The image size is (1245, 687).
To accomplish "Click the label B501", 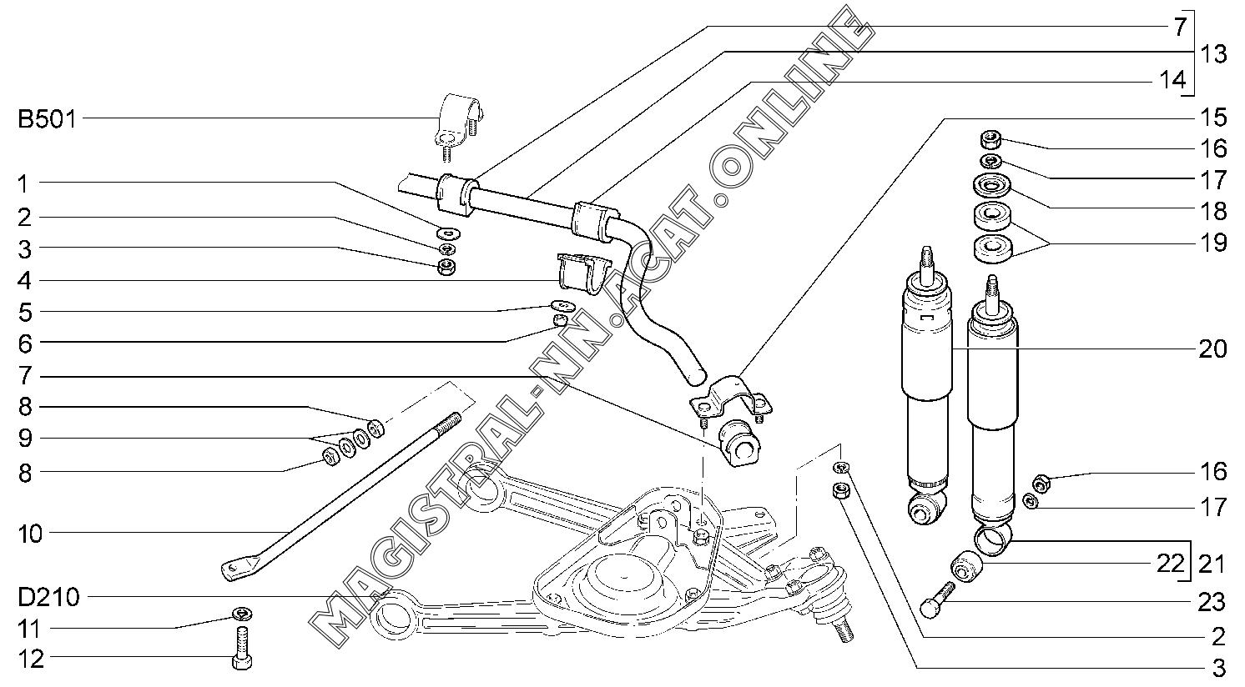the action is point(47,118).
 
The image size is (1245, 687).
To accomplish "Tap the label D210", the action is point(49,598).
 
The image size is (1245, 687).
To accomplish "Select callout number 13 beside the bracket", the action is point(1213,54).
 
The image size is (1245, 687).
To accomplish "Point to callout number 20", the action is point(1212,349).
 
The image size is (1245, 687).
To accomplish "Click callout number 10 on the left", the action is point(30,534).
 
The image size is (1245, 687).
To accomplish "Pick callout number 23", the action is point(1212,602).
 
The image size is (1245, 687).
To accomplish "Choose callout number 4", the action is point(24,280).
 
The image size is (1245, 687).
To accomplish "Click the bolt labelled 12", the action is point(241,648).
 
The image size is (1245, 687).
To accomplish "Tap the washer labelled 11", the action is point(242,613).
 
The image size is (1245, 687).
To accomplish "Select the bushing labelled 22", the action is point(966,565).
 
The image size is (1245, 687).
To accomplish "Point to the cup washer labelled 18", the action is point(992,185).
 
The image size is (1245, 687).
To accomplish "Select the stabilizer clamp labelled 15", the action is point(732,398).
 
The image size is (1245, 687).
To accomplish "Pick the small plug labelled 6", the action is point(560,319).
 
